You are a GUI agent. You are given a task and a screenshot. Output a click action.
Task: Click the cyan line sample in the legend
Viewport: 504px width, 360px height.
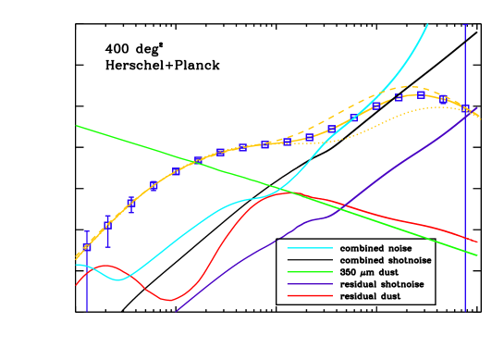(309, 248)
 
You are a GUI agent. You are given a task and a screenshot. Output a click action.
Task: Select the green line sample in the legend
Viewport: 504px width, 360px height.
(309, 272)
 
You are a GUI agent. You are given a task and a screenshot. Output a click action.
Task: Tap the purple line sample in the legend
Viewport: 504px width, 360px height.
(309, 284)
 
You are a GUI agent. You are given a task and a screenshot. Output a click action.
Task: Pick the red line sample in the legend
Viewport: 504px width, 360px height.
(309, 296)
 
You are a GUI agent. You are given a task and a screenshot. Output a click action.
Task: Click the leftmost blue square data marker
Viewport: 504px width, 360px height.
(87, 247)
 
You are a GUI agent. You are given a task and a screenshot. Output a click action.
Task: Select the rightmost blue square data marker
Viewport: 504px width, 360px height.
(465, 110)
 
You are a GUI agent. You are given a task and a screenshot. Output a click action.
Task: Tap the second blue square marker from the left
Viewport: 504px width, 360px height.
(108, 224)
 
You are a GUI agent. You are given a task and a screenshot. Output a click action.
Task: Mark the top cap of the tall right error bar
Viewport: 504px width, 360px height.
(464, 25)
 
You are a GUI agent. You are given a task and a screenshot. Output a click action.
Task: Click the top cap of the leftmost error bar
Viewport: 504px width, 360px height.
(87, 231)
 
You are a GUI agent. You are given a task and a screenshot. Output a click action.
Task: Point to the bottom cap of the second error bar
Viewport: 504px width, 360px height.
(108, 246)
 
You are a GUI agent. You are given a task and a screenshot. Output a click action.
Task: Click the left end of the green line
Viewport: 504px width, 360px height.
(77, 126)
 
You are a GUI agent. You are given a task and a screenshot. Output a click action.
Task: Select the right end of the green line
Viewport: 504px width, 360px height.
(477, 254)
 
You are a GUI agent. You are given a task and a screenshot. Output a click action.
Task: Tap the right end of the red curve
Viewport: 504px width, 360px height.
(477, 242)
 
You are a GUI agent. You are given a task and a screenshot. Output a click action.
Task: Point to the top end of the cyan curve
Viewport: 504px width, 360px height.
(427, 25)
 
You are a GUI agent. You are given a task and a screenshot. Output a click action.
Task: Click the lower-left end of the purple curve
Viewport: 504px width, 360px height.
(176, 311)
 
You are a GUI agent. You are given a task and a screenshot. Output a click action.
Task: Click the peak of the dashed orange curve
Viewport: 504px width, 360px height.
(413, 87)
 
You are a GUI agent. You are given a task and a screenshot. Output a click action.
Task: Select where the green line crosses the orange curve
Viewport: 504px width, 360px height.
(196, 162)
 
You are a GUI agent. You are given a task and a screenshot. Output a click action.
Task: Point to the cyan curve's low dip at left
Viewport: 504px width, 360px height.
(118, 279)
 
